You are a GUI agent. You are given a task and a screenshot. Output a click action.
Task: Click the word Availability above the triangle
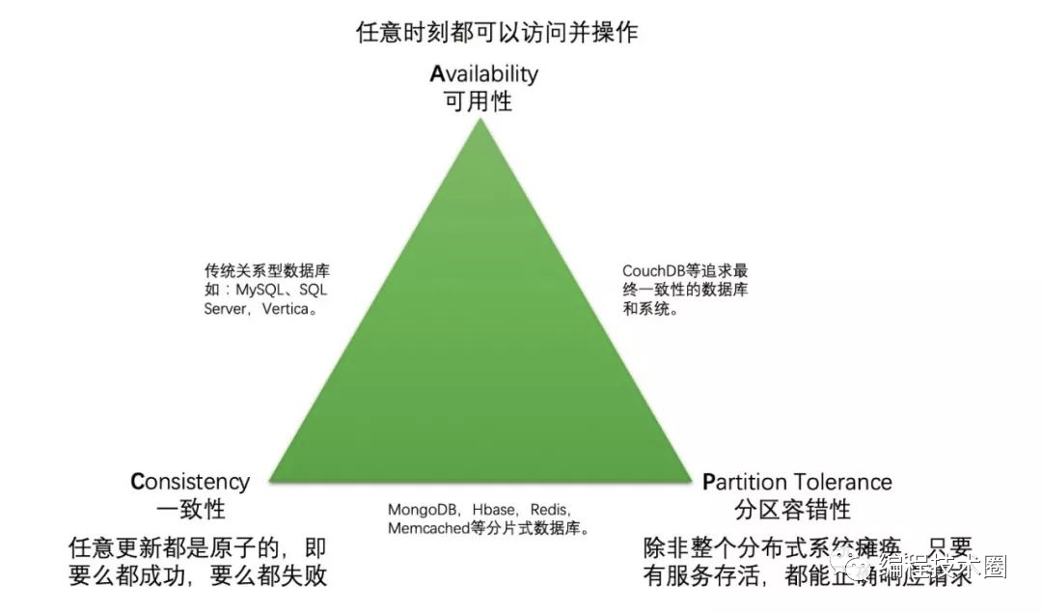(x=483, y=73)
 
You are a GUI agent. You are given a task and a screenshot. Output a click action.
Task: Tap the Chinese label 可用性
(x=478, y=100)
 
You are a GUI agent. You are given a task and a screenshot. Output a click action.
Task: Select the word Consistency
(x=190, y=482)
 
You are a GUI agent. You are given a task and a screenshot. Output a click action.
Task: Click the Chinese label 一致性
(x=189, y=510)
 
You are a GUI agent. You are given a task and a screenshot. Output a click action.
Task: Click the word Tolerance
(x=844, y=482)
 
